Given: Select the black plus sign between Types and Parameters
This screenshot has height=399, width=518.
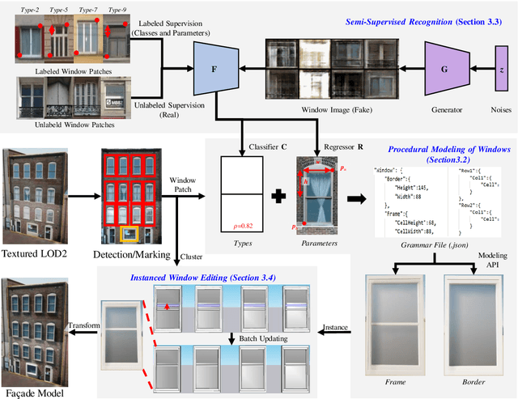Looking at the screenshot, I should [x=279, y=197].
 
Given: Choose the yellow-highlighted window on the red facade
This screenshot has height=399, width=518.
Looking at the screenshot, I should [x=128, y=236].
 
